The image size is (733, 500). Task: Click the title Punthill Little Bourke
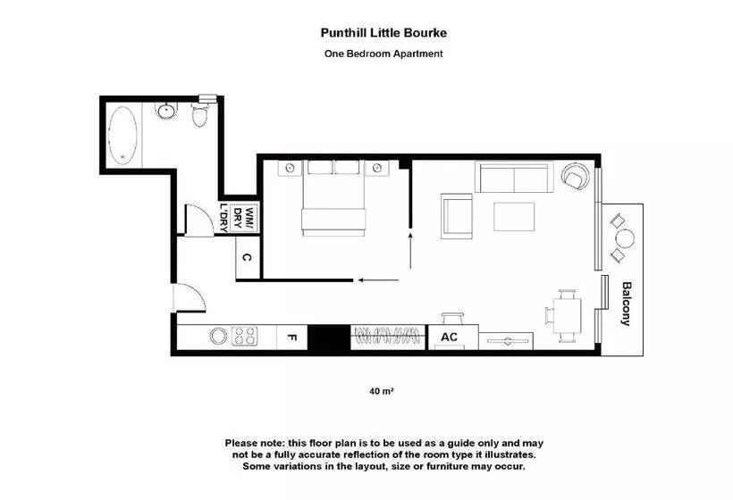pyautogui.click(x=383, y=33)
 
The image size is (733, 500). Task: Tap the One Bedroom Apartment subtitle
pyautogui.click(x=383, y=54)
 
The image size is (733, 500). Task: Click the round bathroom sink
pyautogui.click(x=165, y=112)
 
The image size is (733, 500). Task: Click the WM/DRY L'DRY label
pyautogui.click(x=237, y=218)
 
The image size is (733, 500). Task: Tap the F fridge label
pyautogui.click(x=291, y=337)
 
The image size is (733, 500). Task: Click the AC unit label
pyautogui.click(x=449, y=337)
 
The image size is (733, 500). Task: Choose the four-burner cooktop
pyautogui.click(x=245, y=337)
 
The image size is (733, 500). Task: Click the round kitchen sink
pyautogui.click(x=217, y=337)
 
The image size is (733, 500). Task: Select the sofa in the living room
pyautogui.click(x=514, y=178)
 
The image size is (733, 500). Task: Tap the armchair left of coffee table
pyautogui.click(x=458, y=217)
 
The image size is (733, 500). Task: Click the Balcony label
pyautogui.click(x=627, y=304)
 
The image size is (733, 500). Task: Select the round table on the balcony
pyautogui.click(x=625, y=238)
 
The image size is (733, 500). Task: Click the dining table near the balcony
pyautogui.click(x=566, y=315)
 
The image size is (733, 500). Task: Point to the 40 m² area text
pyautogui.click(x=382, y=390)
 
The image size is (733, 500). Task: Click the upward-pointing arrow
pyautogui.click(x=410, y=250)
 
